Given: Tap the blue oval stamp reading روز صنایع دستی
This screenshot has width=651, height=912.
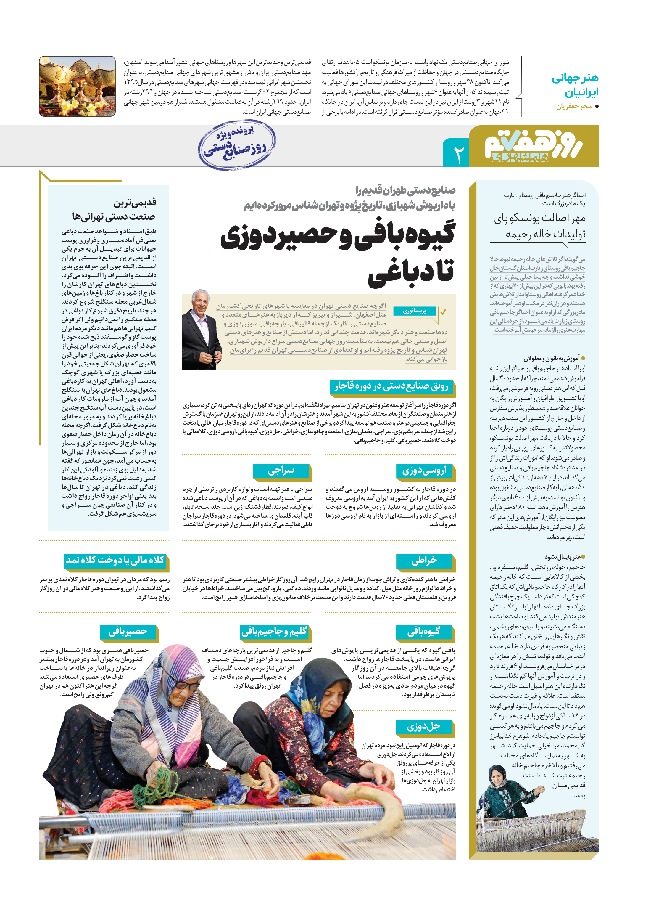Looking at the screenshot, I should coord(237,145).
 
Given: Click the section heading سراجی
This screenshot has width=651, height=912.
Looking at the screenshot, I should coord(281,471).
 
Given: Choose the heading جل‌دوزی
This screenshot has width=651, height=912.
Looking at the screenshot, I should coord(424,726).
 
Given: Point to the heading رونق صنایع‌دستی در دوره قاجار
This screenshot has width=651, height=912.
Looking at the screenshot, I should coord(392,387).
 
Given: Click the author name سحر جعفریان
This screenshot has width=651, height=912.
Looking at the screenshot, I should coord(574,106).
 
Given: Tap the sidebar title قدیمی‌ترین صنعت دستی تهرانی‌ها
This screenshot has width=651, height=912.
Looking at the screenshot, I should coord(114,209).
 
